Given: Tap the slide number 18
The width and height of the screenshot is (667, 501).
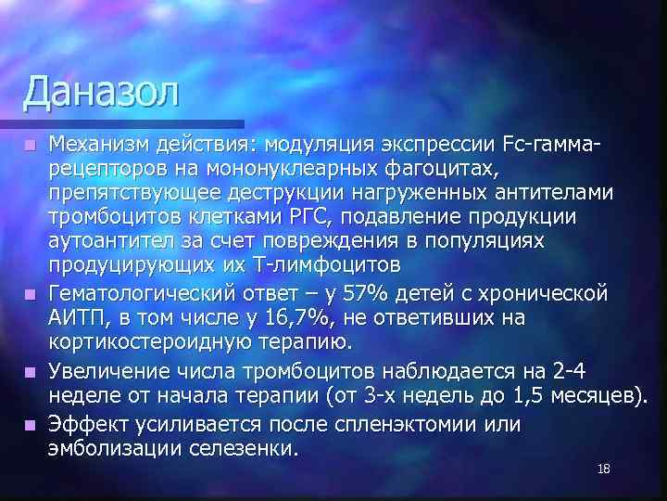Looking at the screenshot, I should [604, 470].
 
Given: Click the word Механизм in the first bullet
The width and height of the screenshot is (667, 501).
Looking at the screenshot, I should [106, 145].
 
